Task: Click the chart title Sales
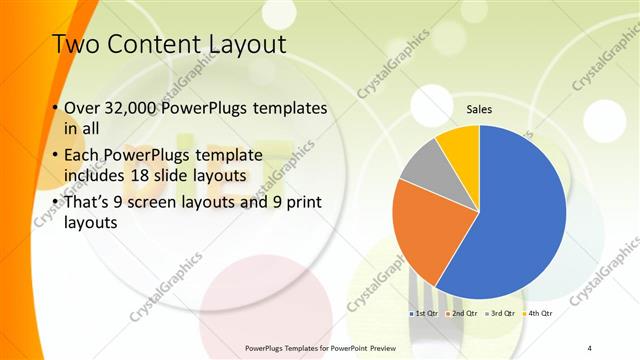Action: click(x=480, y=111)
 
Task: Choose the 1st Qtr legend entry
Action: click(x=423, y=314)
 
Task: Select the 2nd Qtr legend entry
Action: click(x=459, y=314)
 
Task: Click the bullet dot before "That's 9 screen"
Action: click(x=53, y=203)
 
